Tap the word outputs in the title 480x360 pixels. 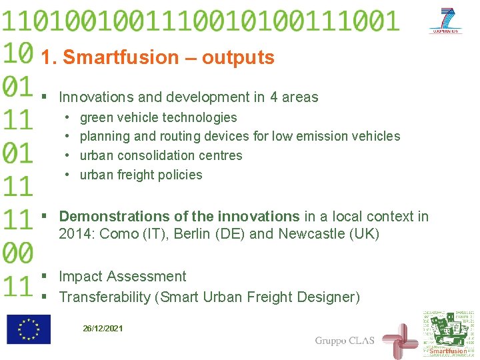click(x=238, y=58)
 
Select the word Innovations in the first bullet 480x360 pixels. click(x=100, y=97)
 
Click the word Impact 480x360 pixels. click(x=80, y=277)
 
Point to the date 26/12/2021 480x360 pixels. click(x=103, y=328)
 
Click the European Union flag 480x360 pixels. click(x=29, y=329)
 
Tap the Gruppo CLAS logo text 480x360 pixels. click(x=345, y=341)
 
